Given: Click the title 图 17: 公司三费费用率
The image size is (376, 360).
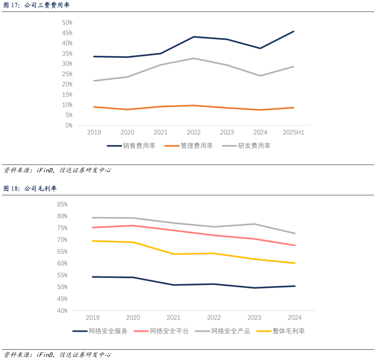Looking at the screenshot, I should (36, 5).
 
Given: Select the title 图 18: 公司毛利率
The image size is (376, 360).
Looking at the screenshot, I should (30, 189).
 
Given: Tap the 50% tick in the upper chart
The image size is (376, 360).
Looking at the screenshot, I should (67, 22).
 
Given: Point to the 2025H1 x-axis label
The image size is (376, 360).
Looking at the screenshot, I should (293, 133).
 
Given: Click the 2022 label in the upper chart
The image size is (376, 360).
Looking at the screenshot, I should (194, 133).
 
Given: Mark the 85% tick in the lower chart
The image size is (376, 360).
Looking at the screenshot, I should (62, 204).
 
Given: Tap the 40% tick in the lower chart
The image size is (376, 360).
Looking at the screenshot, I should (62, 311).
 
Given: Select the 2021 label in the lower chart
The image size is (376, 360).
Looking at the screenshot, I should (173, 318).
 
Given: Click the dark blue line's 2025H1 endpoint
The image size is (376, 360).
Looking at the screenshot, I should (294, 32).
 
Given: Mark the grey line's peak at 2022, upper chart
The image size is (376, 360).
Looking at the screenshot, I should (194, 58).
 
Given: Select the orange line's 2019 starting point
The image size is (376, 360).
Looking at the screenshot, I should (94, 107).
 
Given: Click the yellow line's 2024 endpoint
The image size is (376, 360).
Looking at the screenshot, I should (295, 263).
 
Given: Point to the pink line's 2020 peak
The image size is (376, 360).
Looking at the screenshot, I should (133, 226).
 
